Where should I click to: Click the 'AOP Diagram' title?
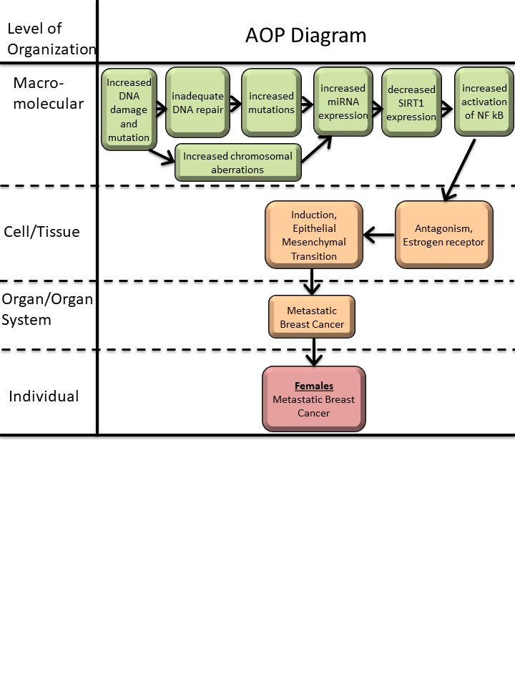point(306,35)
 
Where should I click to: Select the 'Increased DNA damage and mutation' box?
point(129,109)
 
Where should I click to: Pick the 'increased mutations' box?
point(271,102)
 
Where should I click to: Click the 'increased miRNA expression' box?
point(343,102)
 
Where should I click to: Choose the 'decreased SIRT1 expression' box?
point(411,103)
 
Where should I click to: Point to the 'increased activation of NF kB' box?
point(484,102)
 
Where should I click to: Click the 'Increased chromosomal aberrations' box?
point(237,163)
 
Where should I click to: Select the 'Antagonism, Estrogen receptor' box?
point(444,235)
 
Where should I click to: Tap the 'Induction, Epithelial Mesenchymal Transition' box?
point(314,235)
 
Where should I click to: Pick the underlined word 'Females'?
point(314,386)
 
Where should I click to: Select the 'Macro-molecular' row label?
point(48,93)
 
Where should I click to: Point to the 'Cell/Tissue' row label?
point(41,232)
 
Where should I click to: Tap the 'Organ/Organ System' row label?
point(47,309)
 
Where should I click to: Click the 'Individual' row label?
point(44,396)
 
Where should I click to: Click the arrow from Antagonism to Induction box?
point(379,235)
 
